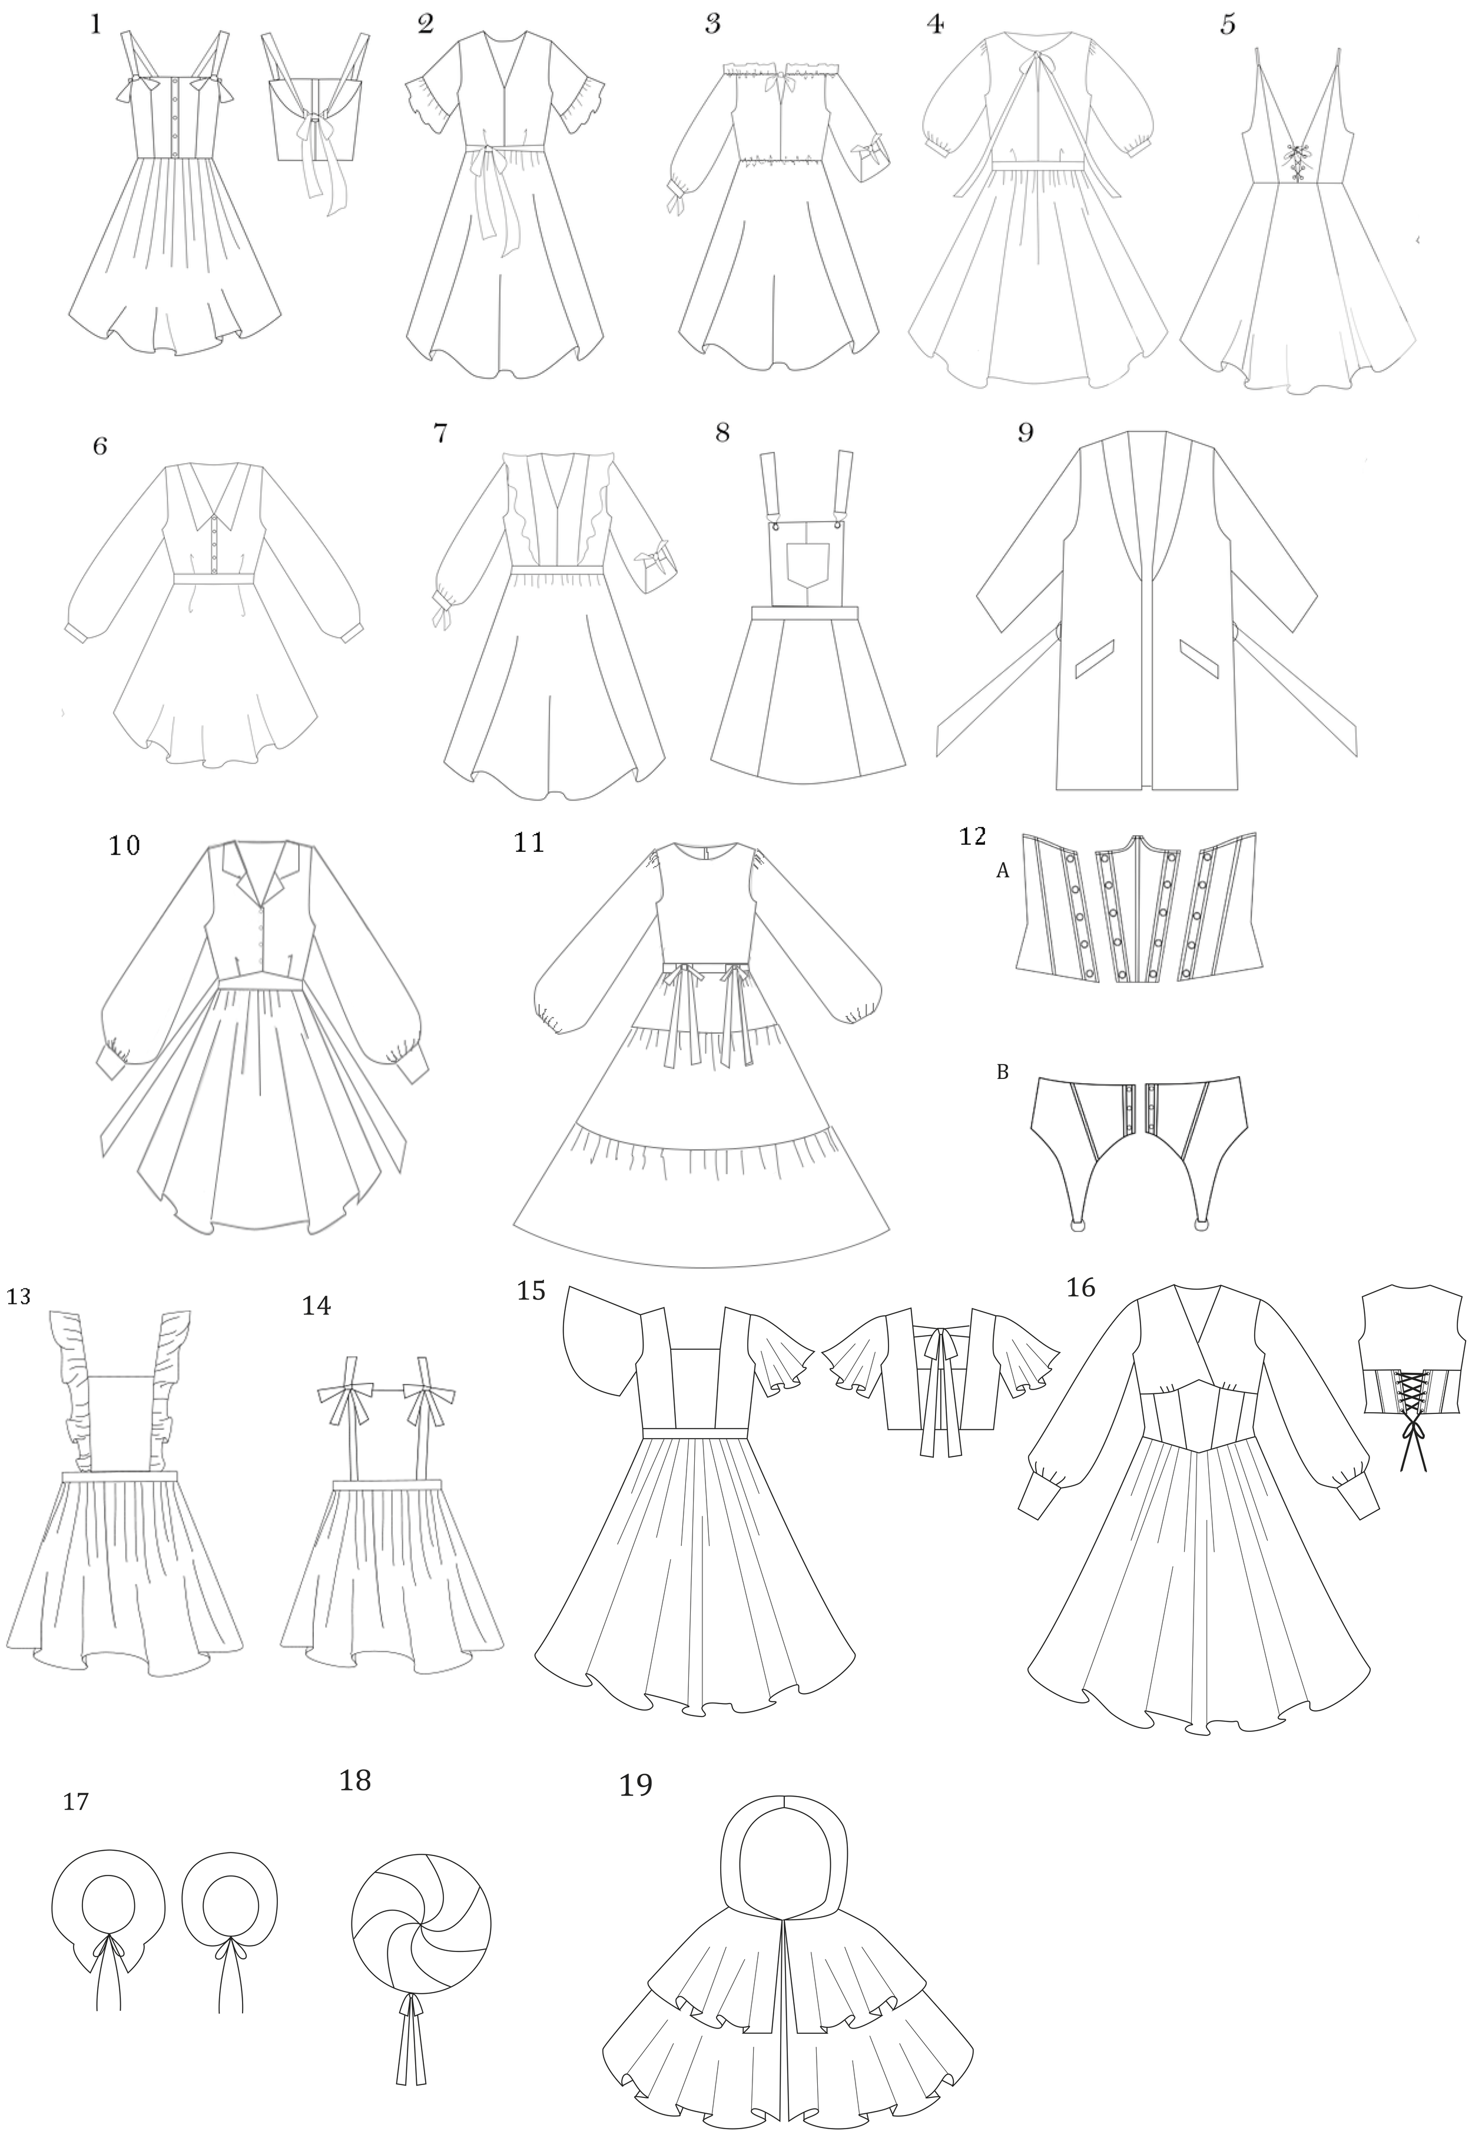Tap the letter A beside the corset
point(1003,870)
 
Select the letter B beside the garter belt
point(1003,1072)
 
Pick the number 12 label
point(973,836)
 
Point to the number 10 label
point(124,845)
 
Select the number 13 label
point(18,1296)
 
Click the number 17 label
point(75,1827)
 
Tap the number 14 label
point(316,1306)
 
